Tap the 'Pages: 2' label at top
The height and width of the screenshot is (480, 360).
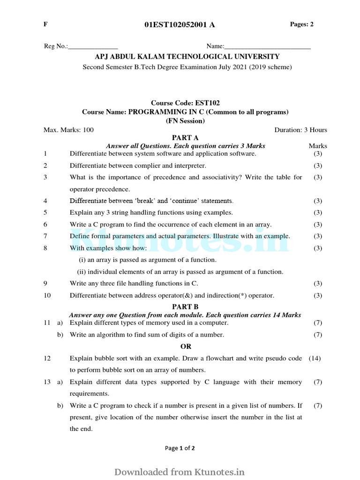tap(302, 24)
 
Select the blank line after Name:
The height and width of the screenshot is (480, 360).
tap(267, 46)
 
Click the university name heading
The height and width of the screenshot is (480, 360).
tap(187, 57)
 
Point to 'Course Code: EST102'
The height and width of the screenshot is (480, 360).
tap(185, 103)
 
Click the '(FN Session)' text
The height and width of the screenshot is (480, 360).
tap(185, 121)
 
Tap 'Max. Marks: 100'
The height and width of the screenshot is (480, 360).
tap(68, 130)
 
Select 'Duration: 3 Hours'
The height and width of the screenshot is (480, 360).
tap(300, 130)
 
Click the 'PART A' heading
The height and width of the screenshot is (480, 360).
tap(186, 138)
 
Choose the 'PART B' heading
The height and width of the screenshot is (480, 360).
tap(186, 307)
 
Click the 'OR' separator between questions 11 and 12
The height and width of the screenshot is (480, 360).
tap(186, 346)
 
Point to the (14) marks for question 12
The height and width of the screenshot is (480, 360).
tap(315, 358)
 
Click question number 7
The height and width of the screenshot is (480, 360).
tap(45, 236)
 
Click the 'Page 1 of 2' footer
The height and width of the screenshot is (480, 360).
tap(180, 448)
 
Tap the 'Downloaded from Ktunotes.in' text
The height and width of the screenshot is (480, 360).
tap(180, 472)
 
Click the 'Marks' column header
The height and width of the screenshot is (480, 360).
tap(318, 146)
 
